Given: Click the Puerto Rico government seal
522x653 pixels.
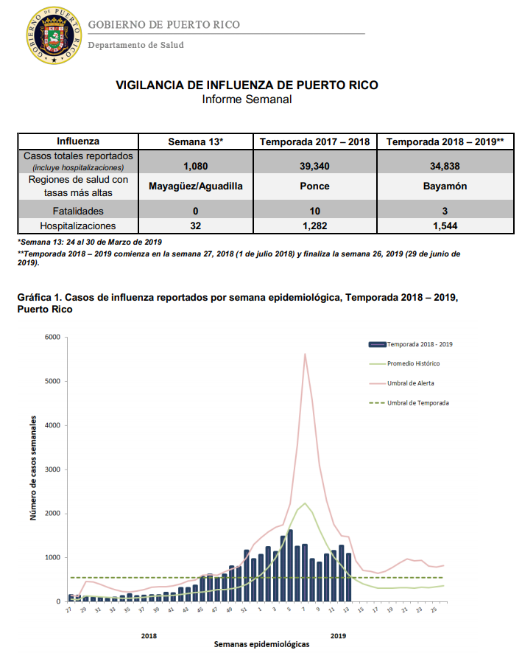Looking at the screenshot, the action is (x=54, y=35).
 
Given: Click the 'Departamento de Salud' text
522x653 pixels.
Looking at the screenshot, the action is (x=135, y=45).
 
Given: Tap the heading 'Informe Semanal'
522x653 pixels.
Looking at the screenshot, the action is (x=247, y=99).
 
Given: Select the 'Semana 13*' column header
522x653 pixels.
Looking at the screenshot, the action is (x=196, y=142).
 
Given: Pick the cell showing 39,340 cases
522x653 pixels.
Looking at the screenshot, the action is (x=314, y=166).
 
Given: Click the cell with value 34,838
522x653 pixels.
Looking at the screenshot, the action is (x=445, y=166).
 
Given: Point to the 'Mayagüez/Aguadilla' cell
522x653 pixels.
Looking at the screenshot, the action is (x=196, y=186).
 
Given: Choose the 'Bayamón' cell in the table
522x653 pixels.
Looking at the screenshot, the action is (x=445, y=186).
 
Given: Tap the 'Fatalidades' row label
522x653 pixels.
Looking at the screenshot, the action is (x=78, y=211).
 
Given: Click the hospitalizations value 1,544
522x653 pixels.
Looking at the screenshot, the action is (x=445, y=226).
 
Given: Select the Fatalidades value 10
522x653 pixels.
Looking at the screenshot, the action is (x=315, y=211).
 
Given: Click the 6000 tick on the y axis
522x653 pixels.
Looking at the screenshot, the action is (x=52, y=337).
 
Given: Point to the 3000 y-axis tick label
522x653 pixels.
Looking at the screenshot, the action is (x=52, y=469).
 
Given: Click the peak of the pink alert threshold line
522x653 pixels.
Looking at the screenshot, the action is (x=305, y=354).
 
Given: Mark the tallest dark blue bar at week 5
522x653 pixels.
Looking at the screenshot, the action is (x=290, y=565).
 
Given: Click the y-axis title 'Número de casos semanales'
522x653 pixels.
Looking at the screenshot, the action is (x=33, y=468).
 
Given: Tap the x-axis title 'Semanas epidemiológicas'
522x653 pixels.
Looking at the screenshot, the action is (x=261, y=644).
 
